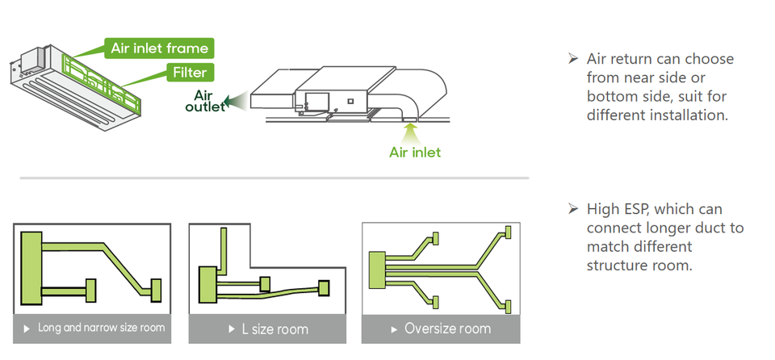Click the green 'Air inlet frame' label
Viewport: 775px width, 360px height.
158,48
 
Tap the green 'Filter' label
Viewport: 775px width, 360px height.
189,73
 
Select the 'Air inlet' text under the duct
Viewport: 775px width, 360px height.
415,152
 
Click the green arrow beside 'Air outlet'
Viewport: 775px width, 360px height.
237,102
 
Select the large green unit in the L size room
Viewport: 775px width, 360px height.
208,284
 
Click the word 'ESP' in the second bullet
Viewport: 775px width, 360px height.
635,210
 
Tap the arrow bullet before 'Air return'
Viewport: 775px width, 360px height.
572,59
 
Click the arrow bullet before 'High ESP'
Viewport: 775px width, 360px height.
572,210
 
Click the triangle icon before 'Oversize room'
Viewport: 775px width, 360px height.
395,329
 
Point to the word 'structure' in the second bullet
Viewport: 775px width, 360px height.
622,264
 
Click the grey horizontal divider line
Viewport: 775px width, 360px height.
274,178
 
